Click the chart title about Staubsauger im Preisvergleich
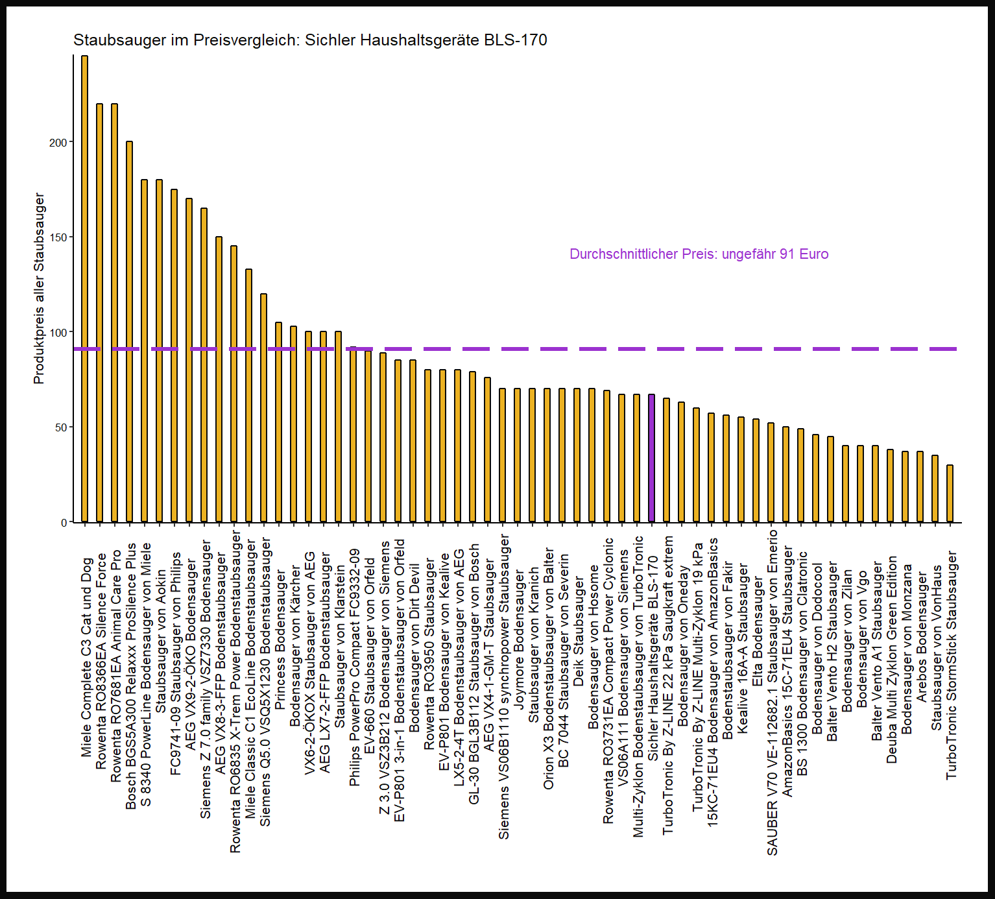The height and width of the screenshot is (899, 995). (310, 40)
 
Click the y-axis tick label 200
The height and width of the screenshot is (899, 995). (58, 143)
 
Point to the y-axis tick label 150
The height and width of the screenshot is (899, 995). (58, 237)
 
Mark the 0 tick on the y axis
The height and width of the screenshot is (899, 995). (64, 522)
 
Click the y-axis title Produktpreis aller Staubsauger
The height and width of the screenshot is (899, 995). (39, 288)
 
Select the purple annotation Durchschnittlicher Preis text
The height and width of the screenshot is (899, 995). (699, 254)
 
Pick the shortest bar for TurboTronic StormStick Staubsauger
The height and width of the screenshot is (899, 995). (950, 494)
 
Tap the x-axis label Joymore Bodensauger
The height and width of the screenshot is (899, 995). (518, 639)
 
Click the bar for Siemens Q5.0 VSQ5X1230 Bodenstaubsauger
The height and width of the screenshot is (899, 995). (263, 408)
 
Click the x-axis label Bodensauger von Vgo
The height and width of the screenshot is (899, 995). (861, 639)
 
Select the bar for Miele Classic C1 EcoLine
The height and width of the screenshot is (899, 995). (248, 396)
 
